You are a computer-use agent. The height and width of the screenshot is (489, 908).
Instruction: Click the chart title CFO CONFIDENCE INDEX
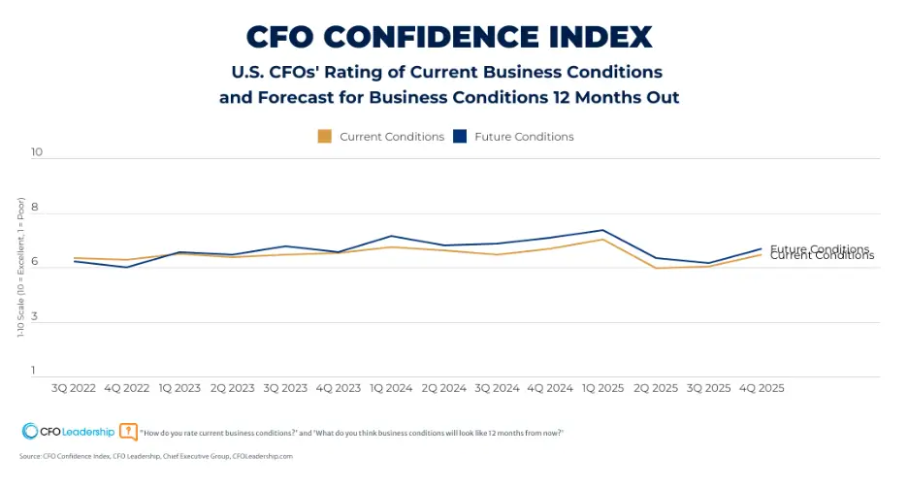[x=449, y=36]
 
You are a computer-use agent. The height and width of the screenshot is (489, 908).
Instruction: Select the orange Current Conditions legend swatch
[x=325, y=137]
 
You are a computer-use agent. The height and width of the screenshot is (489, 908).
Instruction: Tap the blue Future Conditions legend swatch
[x=460, y=137]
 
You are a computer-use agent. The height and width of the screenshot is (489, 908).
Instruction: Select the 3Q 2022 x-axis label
[x=74, y=387]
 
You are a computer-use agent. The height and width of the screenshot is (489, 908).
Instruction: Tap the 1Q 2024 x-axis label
[x=390, y=387]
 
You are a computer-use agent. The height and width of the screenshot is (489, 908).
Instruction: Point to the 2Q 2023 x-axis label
[x=232, y=387]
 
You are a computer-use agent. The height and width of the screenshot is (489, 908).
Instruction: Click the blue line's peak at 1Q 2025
[x=602, y=230]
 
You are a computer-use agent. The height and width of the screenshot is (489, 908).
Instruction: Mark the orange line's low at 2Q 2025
[x=656, y=268]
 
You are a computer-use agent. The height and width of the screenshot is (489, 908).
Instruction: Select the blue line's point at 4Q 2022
[x=126, y=267]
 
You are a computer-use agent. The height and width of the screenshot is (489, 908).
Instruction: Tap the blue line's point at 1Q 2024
[x=391, y=236]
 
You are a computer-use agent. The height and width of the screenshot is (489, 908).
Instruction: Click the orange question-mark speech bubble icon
[x=128, y=432]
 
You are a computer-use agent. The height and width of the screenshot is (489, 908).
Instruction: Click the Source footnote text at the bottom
[x=155, y=455]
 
